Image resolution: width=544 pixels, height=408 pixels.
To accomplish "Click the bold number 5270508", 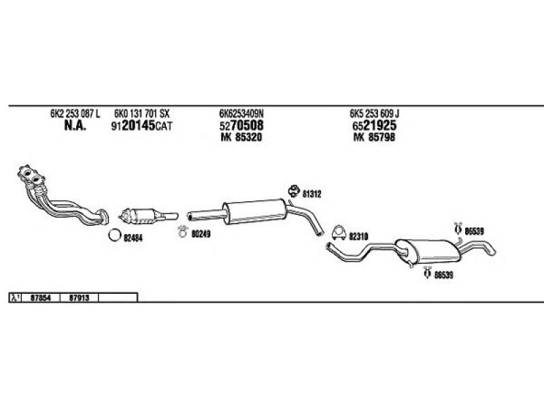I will pos(241,127).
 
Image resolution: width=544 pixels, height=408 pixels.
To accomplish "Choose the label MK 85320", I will pos(241,138).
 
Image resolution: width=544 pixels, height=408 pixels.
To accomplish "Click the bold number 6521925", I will pos(374,127).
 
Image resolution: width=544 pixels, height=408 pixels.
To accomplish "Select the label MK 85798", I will pos(373,138).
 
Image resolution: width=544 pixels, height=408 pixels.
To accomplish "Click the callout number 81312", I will pos(312,194).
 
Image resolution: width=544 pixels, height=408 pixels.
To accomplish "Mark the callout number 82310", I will pos(358,237).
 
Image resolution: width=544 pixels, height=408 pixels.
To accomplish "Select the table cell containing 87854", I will pos(42,297).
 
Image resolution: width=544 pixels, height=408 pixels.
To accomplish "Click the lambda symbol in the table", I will pos(15,297).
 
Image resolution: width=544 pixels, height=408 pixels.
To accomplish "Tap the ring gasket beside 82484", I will pos(115,237).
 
